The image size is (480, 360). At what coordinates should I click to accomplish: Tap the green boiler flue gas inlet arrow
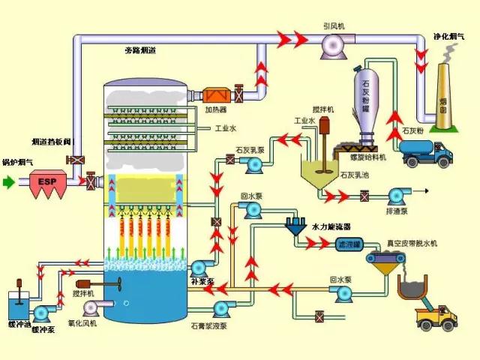point(8,181)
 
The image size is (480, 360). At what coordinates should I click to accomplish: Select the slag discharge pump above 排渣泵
point(396,196)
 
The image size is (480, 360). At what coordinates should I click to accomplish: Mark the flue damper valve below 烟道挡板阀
point(75,160)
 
